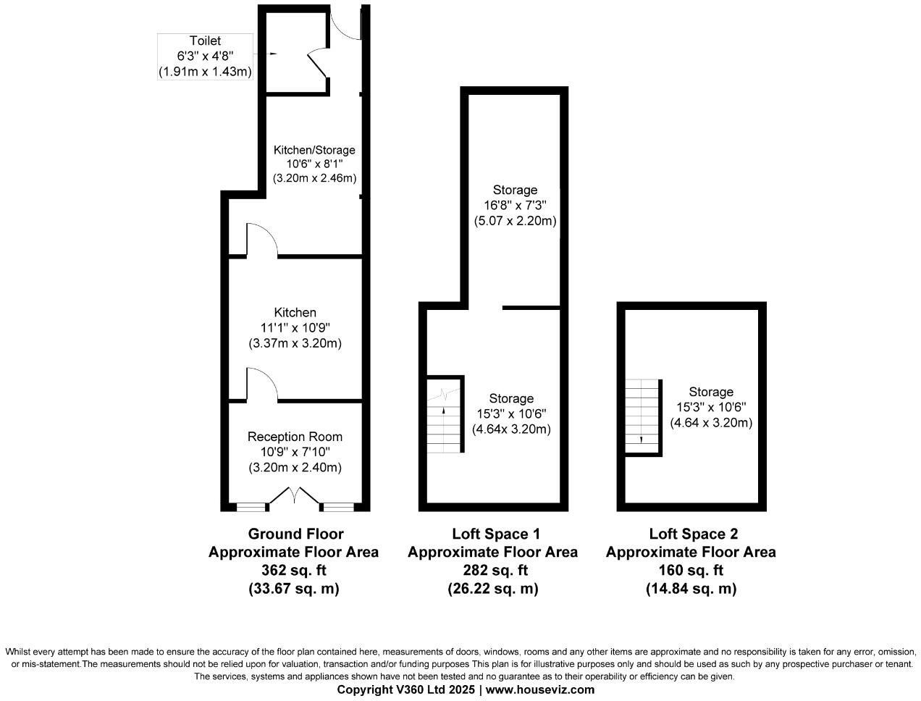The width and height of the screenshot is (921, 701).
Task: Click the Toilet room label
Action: (x=205, y=41)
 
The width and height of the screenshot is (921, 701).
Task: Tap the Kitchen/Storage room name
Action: (x=314, y=150)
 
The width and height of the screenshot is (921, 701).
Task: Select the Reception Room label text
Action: (x=295, y=437)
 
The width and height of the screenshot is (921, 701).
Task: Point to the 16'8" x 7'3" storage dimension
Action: (x=515, y=206)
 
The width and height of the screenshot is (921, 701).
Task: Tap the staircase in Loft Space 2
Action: (x=643, y=416)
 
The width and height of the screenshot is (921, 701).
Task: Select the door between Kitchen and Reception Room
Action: (x=261, y=384)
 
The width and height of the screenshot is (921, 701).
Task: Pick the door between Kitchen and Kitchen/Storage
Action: (x=261, y=240)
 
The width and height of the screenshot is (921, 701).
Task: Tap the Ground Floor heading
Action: (x=295, y=534)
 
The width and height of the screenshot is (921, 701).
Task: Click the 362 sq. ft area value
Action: (x=293, y=570)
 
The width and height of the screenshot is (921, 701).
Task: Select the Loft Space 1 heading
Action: (x=496, y=534)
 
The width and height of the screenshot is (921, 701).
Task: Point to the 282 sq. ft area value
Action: (x=492, y=570)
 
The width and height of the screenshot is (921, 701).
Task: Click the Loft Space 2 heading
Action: (x=694, y=534)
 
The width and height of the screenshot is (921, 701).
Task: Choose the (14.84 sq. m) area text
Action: (x=691, y=589)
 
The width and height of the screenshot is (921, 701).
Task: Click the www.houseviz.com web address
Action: (x=539, y=689)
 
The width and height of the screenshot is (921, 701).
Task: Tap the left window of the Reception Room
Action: (x=251, y=506)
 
